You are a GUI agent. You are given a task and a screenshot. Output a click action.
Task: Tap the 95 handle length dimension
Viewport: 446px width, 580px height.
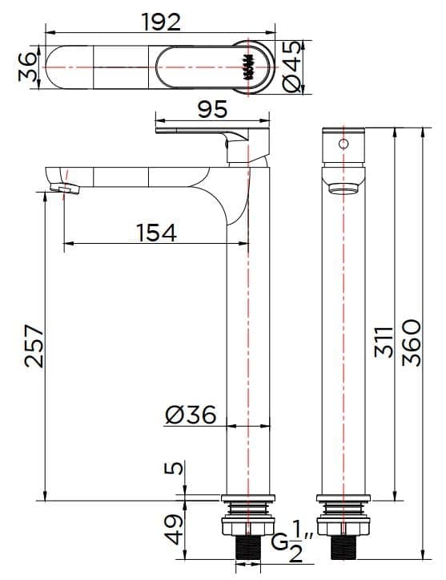tap(211, 108)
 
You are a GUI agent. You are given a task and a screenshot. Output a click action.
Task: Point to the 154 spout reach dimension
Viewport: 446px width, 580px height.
tap(155, 232)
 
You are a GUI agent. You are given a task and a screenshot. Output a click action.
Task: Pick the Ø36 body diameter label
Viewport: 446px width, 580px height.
tap(190, 415)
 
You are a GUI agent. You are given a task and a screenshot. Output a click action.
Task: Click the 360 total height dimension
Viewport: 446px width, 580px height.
tap(410, 343)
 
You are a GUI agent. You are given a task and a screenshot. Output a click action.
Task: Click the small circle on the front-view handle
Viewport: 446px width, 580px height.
tap(344, 144)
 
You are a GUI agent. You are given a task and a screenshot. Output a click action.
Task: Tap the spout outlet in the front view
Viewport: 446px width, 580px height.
tap(344, 189)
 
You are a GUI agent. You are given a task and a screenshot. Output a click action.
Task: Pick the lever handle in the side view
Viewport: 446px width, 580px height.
tap(210, 131)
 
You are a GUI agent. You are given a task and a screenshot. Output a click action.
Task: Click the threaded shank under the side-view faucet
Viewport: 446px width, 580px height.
tap(249, 551)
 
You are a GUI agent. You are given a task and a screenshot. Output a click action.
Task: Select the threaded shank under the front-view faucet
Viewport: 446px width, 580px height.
tap(344, 551)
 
